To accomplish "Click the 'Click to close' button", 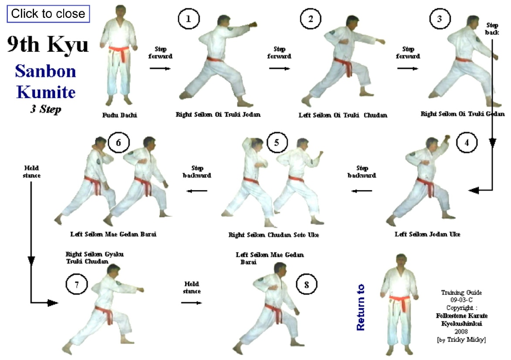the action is (48, 13).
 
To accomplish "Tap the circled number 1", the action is (189, 19).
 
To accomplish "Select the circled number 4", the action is (467, 142).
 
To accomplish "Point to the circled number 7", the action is (77, 284).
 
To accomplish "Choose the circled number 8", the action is (306, 284).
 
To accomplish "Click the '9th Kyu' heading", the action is (48, 44).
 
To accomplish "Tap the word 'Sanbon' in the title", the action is (46, 71).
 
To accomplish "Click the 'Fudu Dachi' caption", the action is (120, 115).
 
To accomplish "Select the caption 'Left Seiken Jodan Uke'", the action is (427, 234).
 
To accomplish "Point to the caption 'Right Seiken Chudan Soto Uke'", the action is (274, 235).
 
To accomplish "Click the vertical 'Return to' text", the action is (360, 307).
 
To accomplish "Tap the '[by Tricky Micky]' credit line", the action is (461, 340).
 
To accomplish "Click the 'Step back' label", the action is (492, 29).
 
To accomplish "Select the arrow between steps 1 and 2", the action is (280, 68).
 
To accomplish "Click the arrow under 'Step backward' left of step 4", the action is (362, 191).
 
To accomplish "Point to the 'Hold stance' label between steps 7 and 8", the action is (192, 287).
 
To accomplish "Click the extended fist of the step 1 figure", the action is (253, 25).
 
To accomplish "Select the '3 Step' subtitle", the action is (46, 109).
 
